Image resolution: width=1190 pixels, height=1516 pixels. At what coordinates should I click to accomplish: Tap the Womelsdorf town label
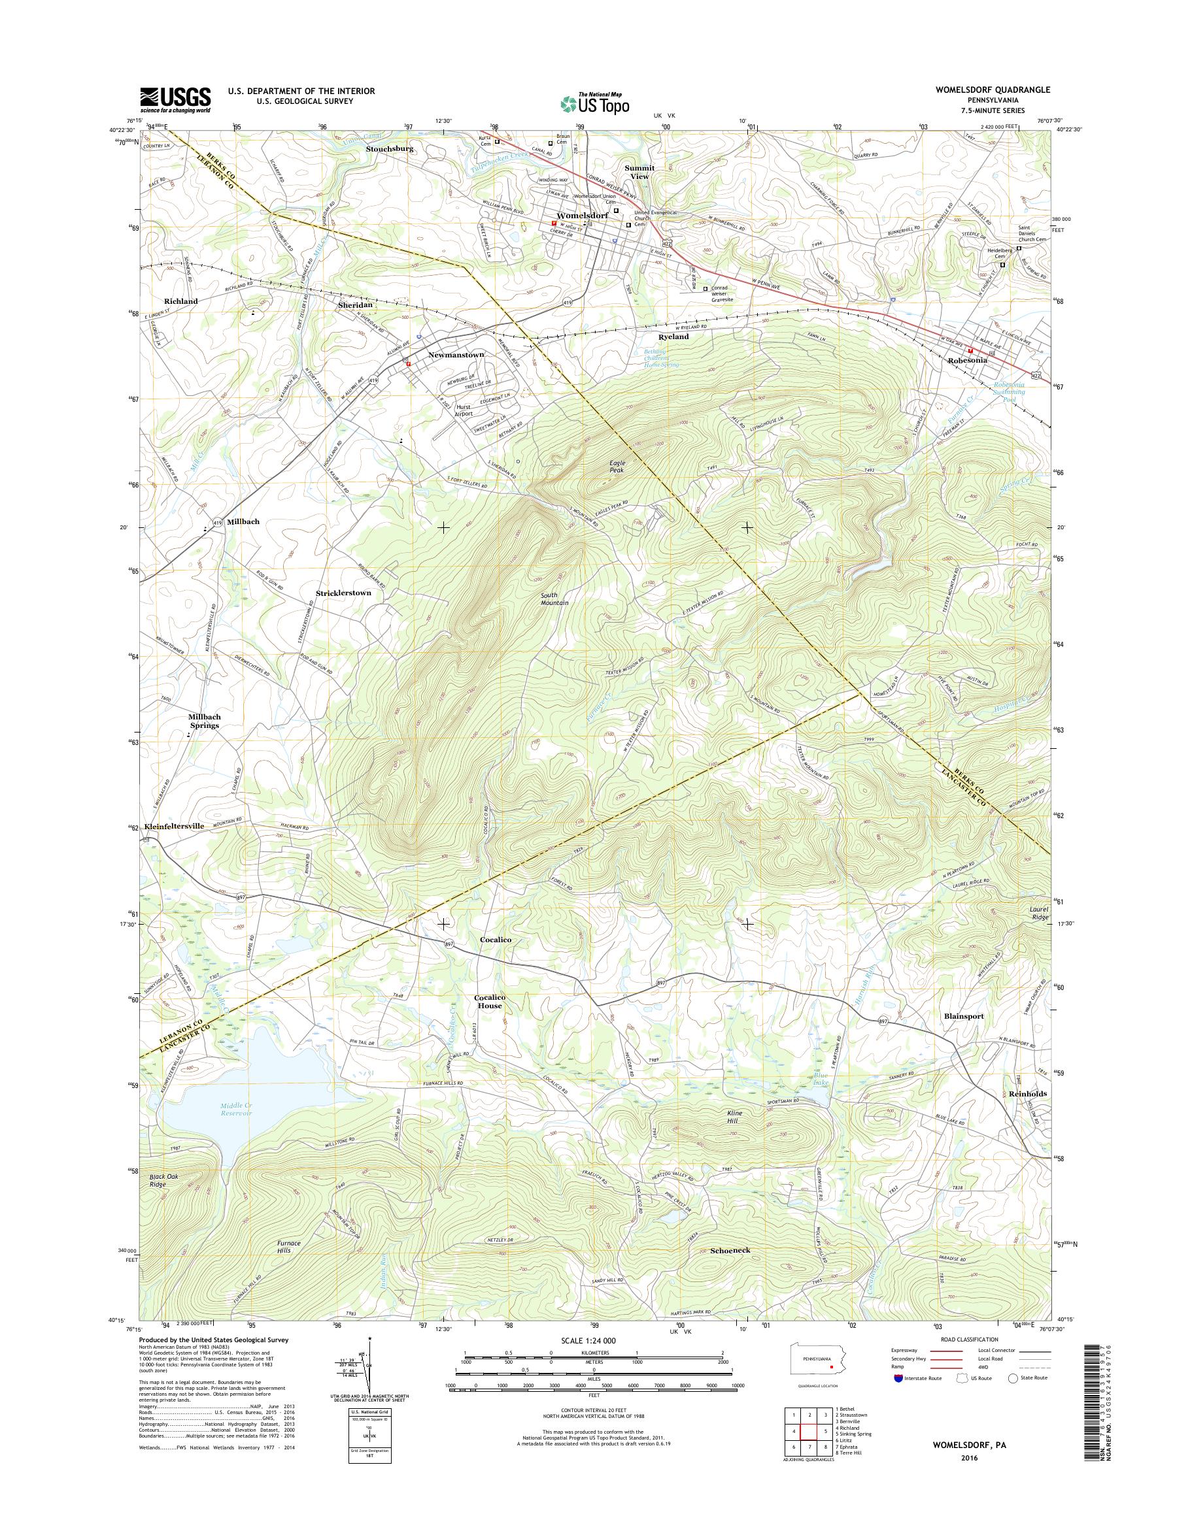582,215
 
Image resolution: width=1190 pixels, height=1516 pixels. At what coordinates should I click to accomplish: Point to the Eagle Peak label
617,467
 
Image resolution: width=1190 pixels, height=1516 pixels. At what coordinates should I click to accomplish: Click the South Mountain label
554,599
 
